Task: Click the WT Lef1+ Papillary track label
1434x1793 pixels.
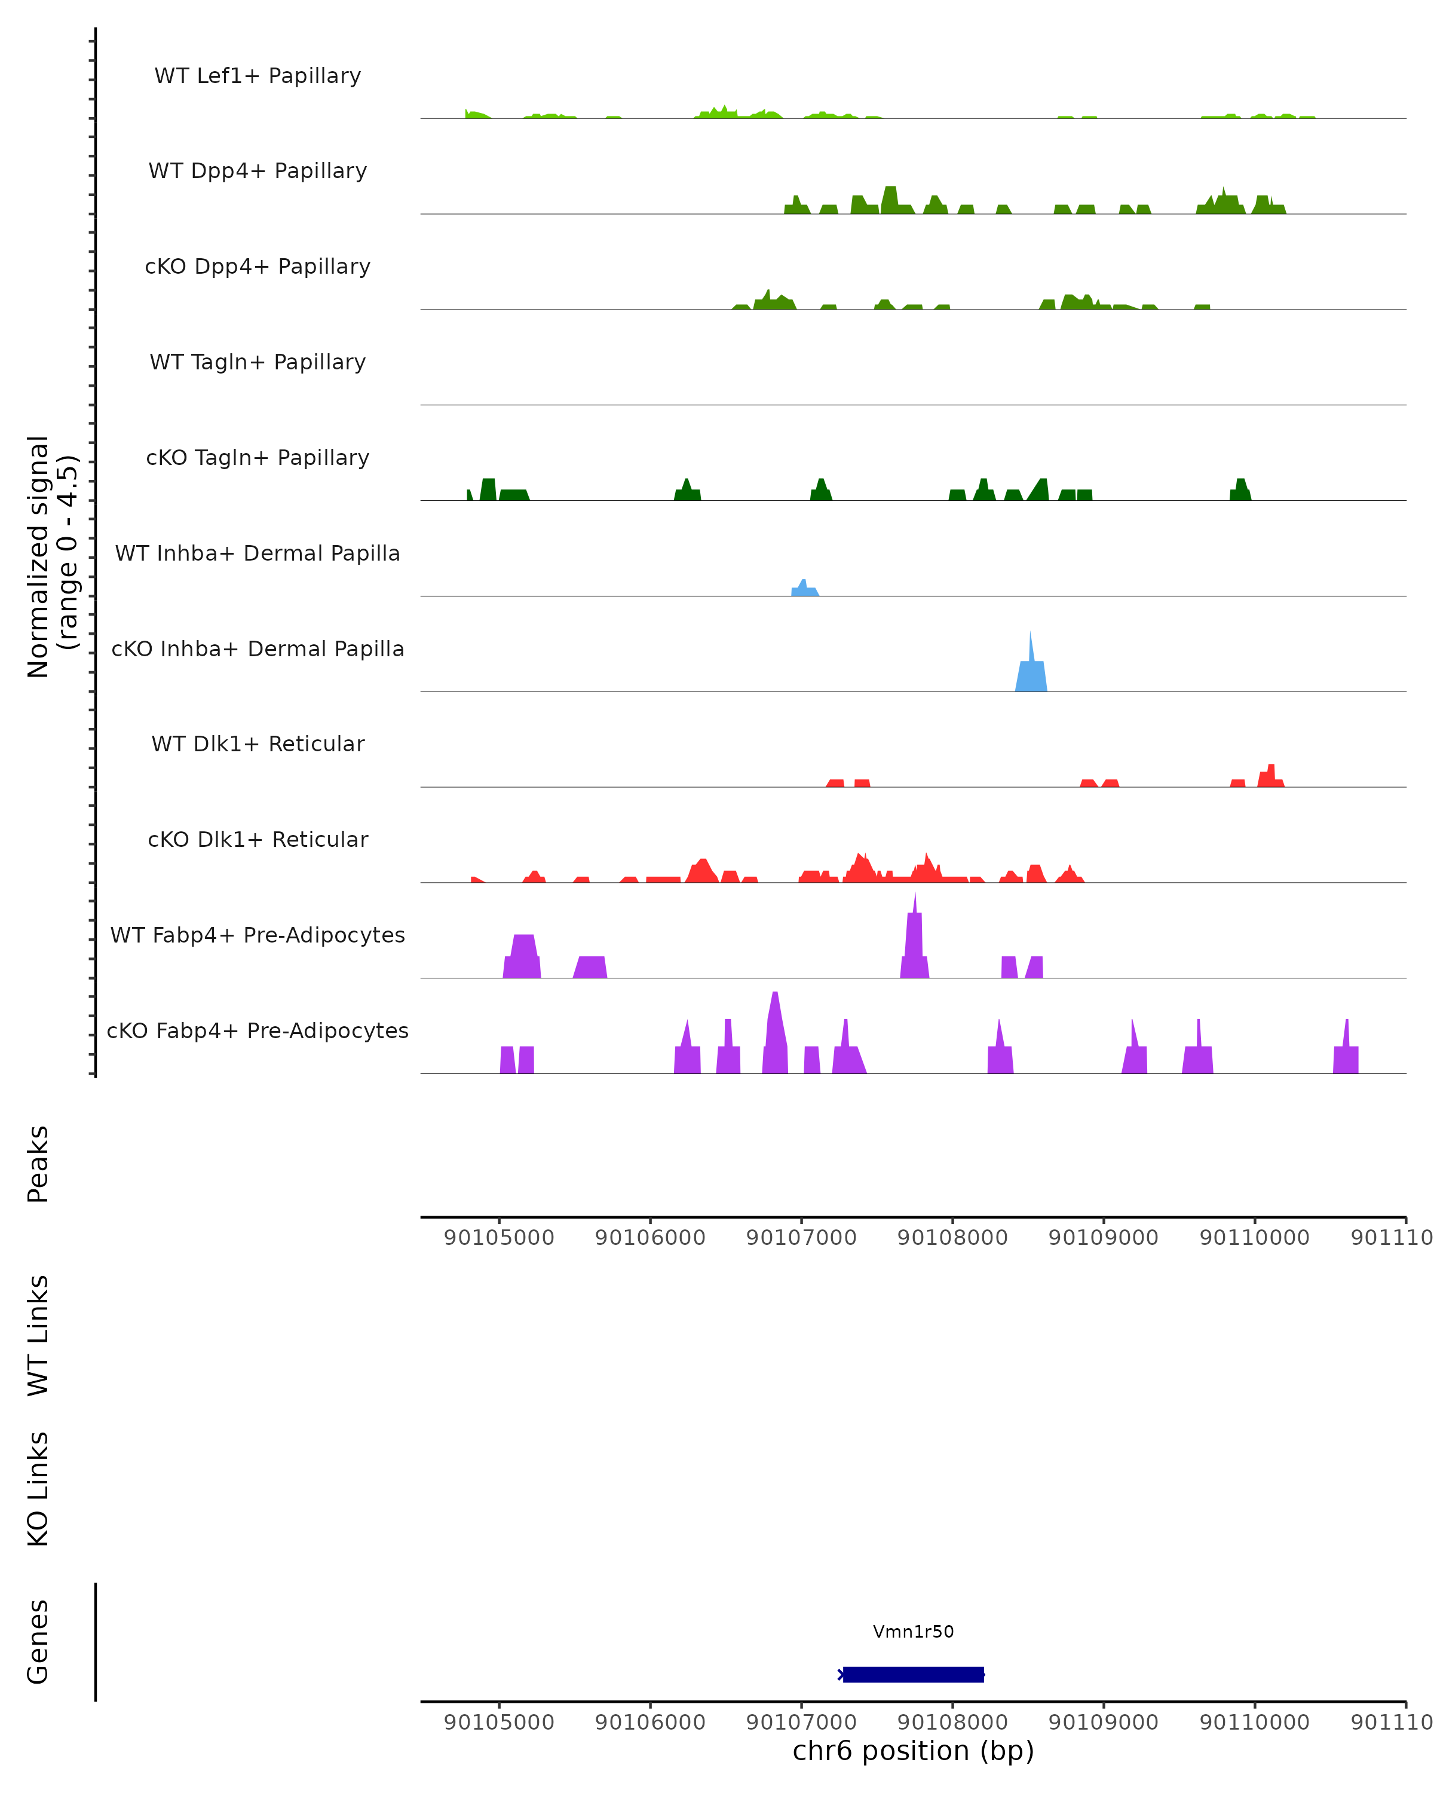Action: click(258, 76)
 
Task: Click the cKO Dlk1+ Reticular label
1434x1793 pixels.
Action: click(258, 839)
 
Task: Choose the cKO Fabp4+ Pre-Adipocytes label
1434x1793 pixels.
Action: click(258, 1030)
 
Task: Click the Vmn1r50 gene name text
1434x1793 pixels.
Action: click(913, 1632)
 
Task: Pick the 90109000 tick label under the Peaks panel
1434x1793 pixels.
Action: click(1103, 1238)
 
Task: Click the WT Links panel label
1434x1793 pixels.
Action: click(38, 1335)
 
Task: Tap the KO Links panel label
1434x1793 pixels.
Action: click(38, 1489)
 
